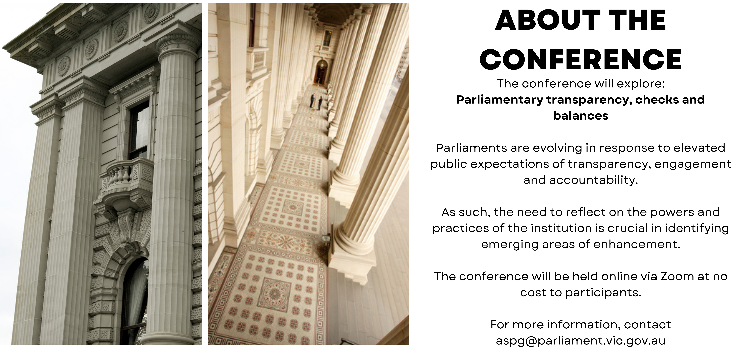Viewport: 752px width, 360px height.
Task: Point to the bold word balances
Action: (581, 116)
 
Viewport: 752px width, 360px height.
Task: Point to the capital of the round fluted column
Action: (177, 46)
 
